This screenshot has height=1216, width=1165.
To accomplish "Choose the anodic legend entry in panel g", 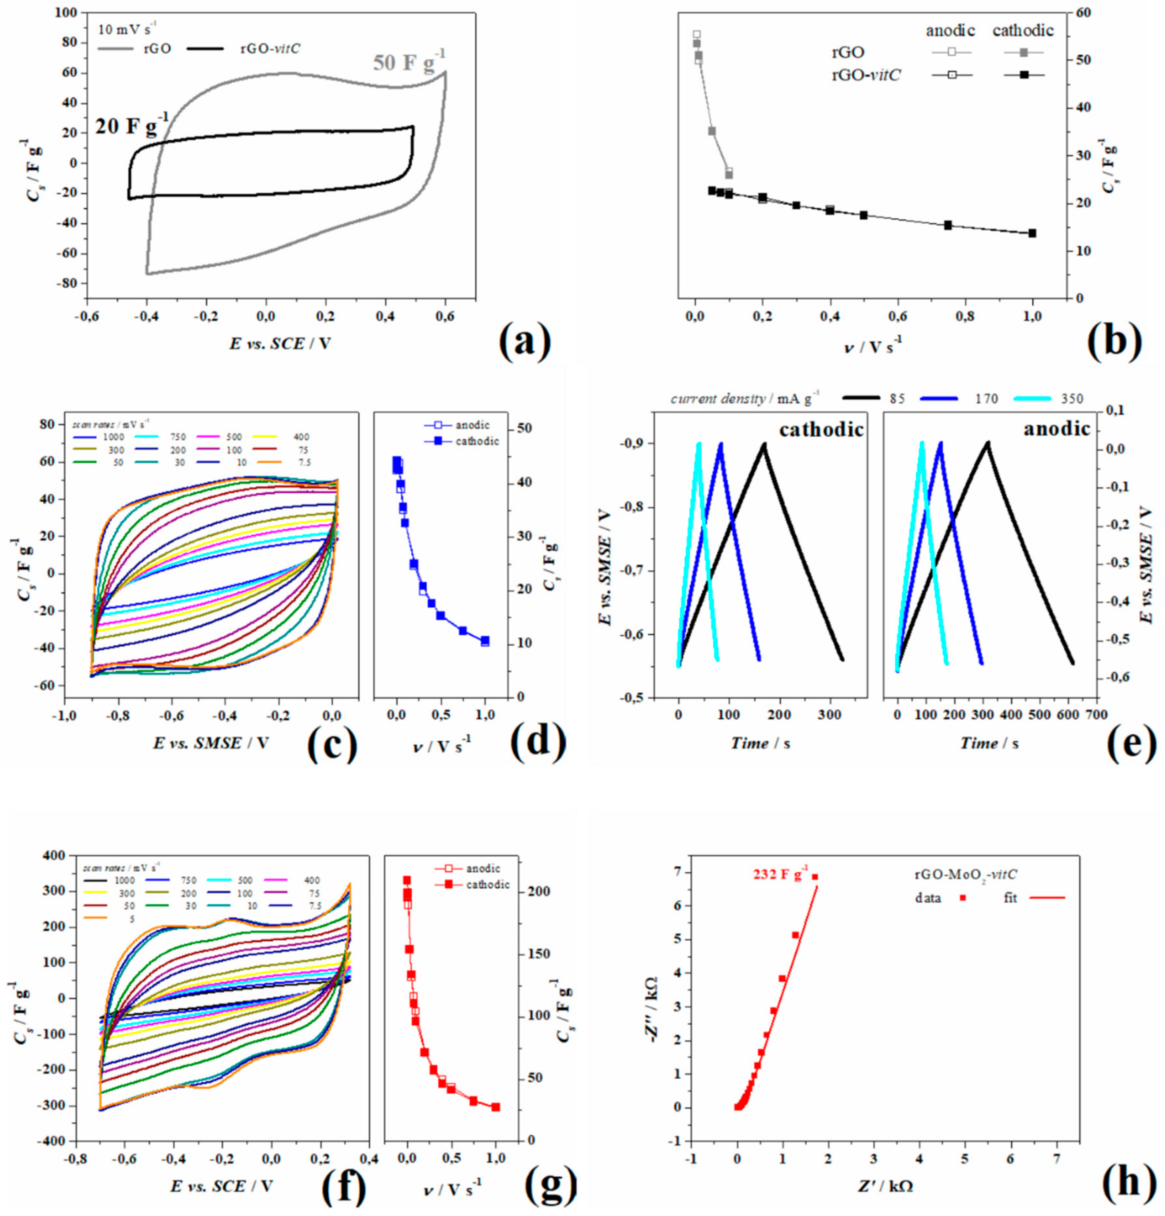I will pyautogui.click(x=483, y=868).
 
